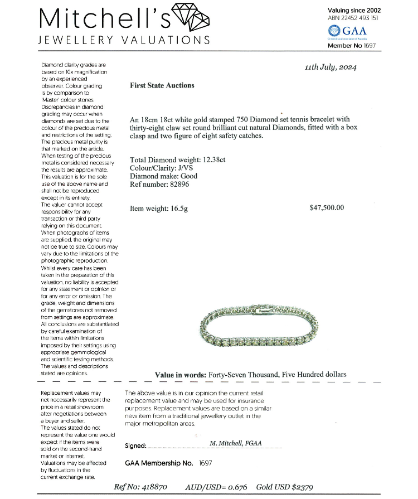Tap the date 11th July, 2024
[330, 67]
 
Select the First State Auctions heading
[162, 86]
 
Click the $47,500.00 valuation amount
[327, 208]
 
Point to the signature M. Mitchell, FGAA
[236, 443]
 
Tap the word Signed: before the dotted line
[135, 445]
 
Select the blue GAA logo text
[355, 31]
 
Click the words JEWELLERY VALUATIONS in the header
[124, 40]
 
